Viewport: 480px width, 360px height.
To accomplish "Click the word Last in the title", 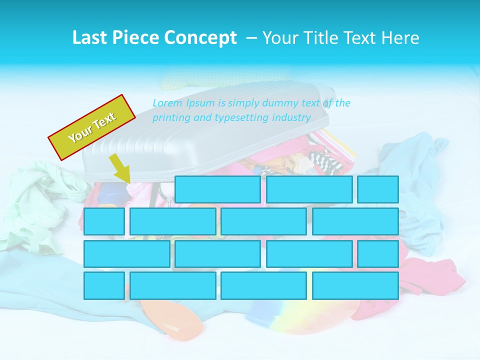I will pos(90,38).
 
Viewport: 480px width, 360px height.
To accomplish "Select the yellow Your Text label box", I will pos(92,127).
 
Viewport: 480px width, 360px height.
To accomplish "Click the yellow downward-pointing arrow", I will pos(120,169).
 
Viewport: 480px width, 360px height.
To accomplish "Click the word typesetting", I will pos(242,118).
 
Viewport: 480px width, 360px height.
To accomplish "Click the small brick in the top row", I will pos(378,189).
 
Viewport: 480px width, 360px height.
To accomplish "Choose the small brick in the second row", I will pos(104,221).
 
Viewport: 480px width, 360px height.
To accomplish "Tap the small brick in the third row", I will pos(378,253).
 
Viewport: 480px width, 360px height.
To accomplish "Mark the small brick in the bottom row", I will pos(104,285).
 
